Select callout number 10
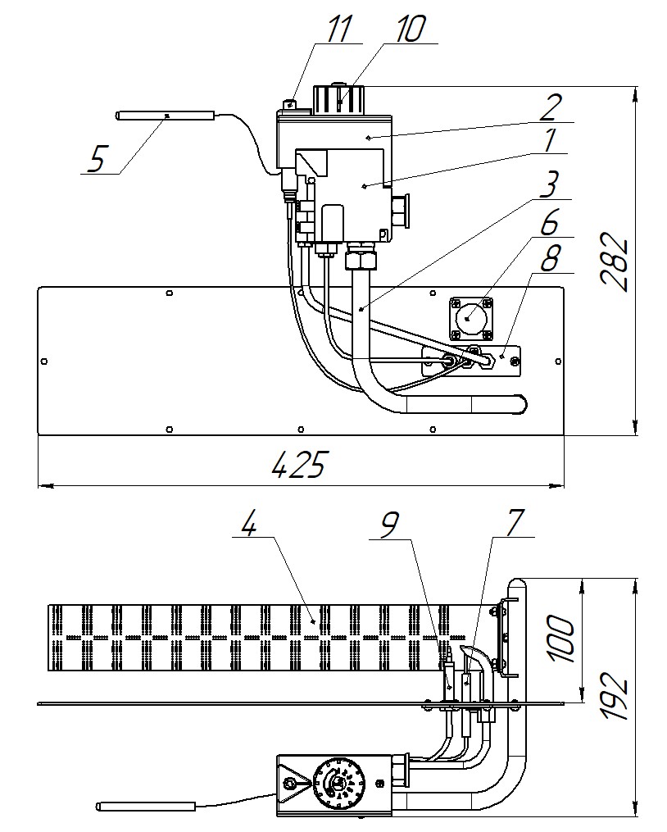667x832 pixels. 411,28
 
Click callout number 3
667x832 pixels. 550,184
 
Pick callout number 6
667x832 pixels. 549,222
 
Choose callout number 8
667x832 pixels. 550,258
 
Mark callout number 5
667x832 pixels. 96,159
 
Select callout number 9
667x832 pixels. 390,525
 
